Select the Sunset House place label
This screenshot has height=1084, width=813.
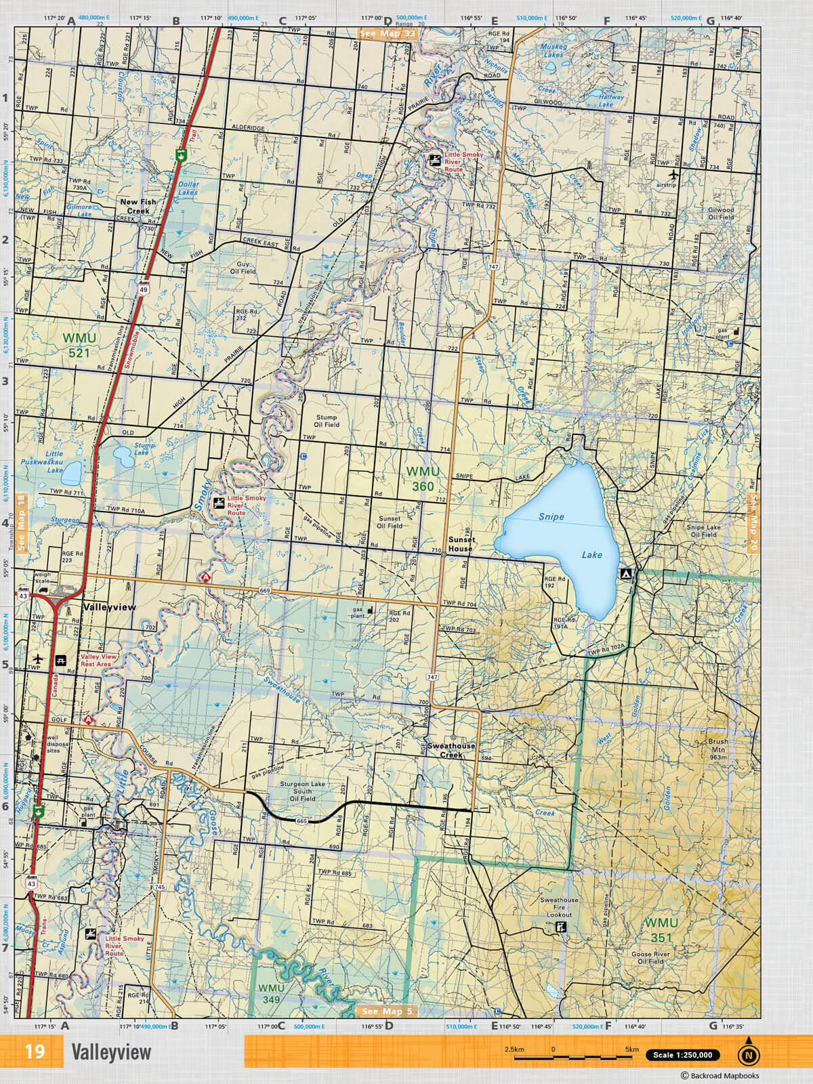[x=461, y=544]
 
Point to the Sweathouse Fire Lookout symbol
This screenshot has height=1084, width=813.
[x=560, y=927]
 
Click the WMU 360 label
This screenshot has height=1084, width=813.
[x=423, y=478]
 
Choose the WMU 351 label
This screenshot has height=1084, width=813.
[x=661, y=930]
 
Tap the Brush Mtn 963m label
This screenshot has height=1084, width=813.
[x=719, y=749]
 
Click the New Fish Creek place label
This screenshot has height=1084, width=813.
[x=138, y=206]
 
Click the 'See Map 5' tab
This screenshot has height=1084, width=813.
[x=387, y=1012]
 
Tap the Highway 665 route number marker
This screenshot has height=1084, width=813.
[x=302, y=821]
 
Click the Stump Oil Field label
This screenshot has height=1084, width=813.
[x=327, y=420]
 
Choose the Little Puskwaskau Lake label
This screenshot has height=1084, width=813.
[x=54, y=461]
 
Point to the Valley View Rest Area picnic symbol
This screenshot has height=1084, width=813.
[x=62, y=660]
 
